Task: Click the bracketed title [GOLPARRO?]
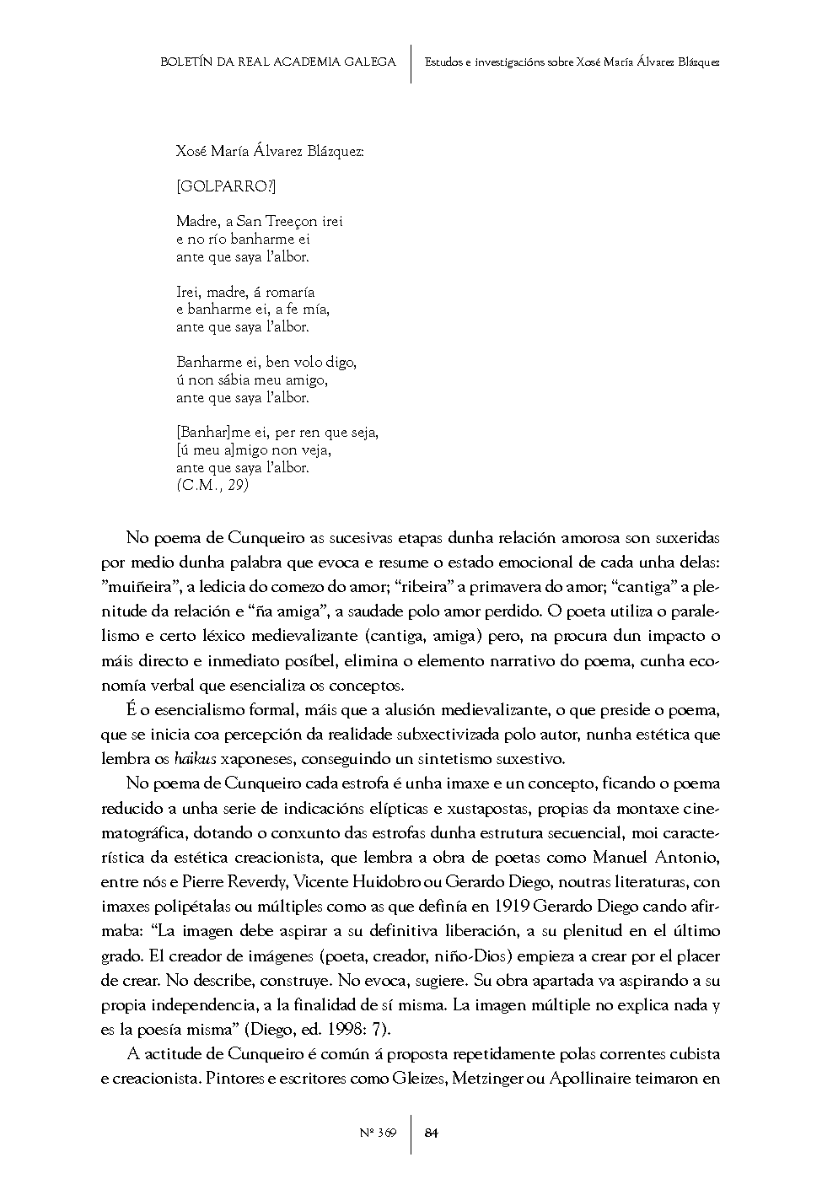[226, 186]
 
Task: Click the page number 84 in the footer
[431, 1133]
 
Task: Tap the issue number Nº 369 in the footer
[377, 1133]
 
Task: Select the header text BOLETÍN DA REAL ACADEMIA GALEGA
[277, 62]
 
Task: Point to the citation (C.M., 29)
[212, 485]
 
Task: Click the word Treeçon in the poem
[292, 221]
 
